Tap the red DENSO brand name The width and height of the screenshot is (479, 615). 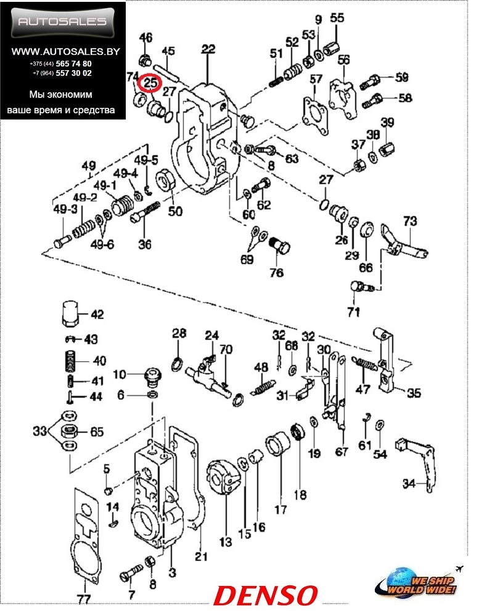(266, 595)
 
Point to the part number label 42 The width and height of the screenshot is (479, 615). (97, 315)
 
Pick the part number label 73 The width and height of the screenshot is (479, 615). (410, 220)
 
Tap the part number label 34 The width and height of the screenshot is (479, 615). (411, 484)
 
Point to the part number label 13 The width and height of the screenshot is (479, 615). (225, 542)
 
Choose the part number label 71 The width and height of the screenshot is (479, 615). (353, 312)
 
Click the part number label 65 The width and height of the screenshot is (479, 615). (97, 432)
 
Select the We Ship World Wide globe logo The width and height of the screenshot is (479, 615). (419, 581)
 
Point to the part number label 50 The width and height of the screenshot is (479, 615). (176, 212)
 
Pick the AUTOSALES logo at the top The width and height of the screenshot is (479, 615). (63, 22)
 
